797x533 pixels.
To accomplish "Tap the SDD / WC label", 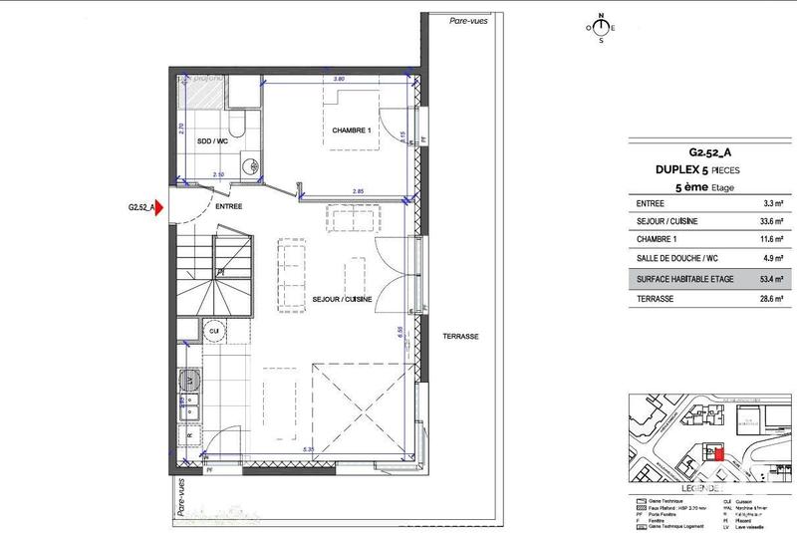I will tap(208, 140).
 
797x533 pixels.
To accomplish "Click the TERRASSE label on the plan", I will tap(459, 337).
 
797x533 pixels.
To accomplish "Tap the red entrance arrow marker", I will tap(157, 208).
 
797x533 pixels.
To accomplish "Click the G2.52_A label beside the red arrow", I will tap(138, 208).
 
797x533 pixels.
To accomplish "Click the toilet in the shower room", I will tap(236, 124).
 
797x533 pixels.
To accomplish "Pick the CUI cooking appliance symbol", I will tap(213, 330).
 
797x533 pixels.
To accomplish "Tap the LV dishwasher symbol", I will tap(188, 381).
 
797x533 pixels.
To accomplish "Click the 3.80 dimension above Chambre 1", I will tap(338, 78).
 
